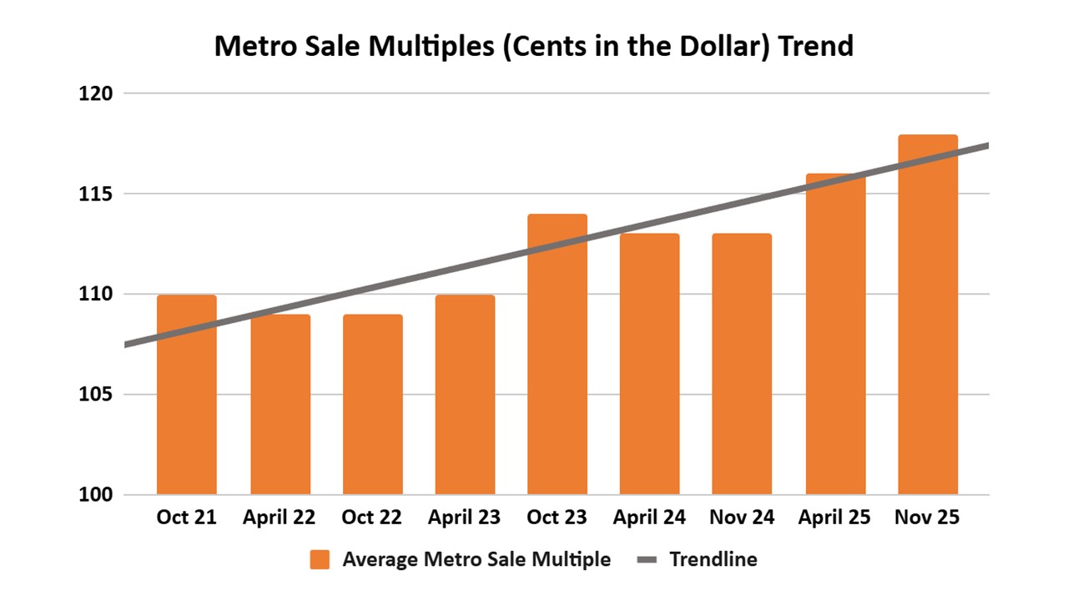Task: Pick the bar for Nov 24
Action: click(742, 365)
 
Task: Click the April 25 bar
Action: click(835, 334)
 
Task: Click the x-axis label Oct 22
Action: click(371, 518)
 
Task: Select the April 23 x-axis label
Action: click(464, 518)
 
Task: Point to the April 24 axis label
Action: click(649, 518)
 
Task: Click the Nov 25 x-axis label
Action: click(927, 518)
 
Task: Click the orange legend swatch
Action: click(320, 559)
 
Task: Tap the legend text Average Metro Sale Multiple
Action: click(476, 559)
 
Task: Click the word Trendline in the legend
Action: click(713, 559)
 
